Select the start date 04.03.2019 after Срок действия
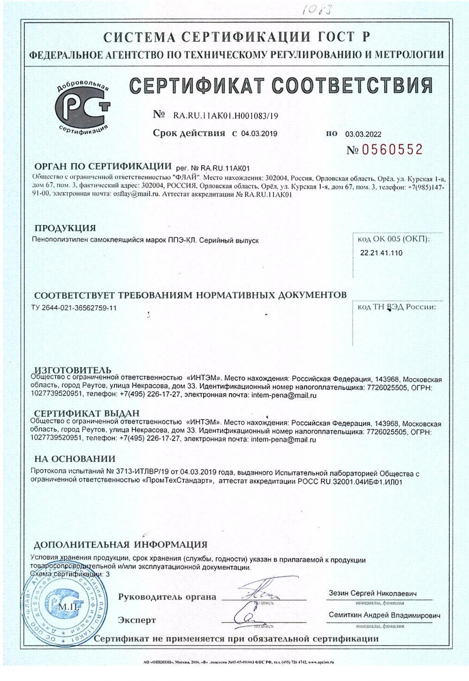tap(259, 134)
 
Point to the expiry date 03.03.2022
tap(363, 134)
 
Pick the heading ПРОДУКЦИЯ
tap(65, 228)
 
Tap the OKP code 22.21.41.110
tap(381, 253)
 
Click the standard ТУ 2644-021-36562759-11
tap(73, 307)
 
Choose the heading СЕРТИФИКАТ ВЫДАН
tap(87, 413)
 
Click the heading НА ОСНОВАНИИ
tap(75, 458)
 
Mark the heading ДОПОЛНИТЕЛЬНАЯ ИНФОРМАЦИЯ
tap(121, 545)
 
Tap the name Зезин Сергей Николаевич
tap(373, 593)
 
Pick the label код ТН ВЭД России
tap(396, 307)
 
